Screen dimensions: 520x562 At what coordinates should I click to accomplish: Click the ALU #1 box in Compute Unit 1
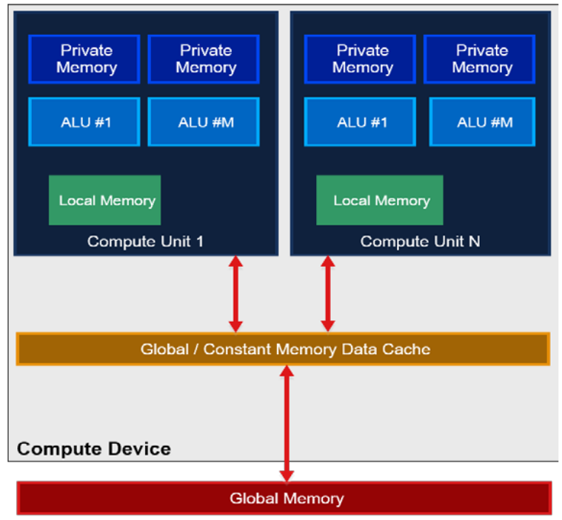coord(84,122)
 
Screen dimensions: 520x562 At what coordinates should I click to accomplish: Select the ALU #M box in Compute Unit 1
coord(204,122)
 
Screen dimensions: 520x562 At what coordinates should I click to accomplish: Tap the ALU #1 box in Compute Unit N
coord(360,122)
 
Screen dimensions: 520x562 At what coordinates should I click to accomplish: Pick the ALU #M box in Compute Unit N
coord(481,122)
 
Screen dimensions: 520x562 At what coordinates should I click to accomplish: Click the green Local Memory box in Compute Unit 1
coord(104,200)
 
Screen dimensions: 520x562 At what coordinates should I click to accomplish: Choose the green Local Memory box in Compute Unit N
coord(379,200)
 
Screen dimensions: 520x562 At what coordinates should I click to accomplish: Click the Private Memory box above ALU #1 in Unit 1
coord(84,59)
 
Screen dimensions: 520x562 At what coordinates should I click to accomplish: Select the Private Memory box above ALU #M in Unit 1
coord(204,59)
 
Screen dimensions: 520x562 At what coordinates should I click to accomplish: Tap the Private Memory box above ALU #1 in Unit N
coord(360,59)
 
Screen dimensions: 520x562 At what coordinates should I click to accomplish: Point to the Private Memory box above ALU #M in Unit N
coord(481,59)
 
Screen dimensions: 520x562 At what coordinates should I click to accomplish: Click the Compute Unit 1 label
coord(145,241)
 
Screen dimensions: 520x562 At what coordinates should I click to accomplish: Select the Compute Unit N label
coord(419,241)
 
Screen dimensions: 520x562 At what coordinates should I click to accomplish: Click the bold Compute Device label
coord(93,448)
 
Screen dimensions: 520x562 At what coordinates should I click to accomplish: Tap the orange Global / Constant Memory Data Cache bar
coord(283,349)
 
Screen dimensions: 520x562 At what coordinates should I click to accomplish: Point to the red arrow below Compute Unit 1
coord(235,294)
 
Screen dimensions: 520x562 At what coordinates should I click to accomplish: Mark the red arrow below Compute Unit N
coord(328,294)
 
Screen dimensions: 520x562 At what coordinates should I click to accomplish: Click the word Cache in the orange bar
coord(407,349)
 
